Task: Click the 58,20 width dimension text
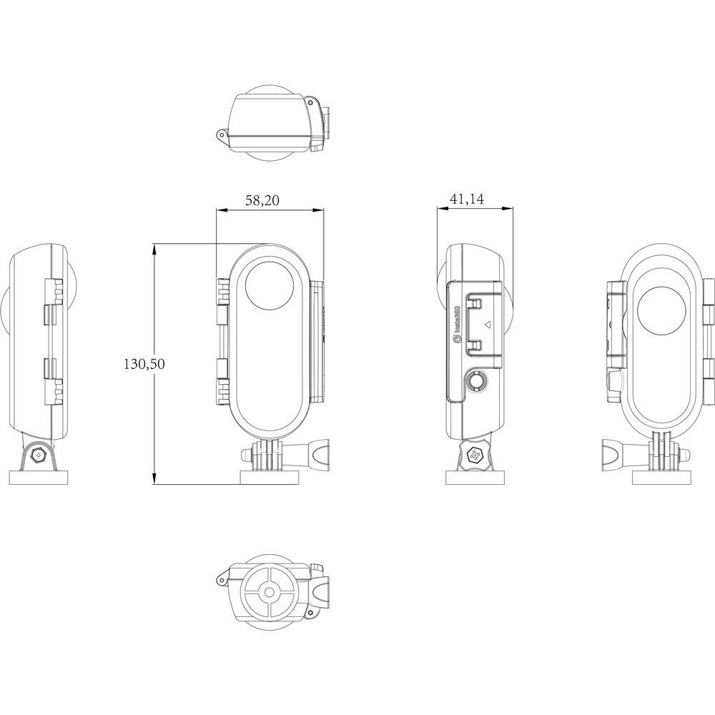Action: click(x=262, y=201)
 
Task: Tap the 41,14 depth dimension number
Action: click(x=467, y=200)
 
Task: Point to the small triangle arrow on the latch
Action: click(x=487, y=324)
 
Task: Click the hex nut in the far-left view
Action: click(x=37, y=455)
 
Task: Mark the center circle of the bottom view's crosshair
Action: click(x=269, y=591)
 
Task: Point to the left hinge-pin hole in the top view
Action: click(x=222, y=134)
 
